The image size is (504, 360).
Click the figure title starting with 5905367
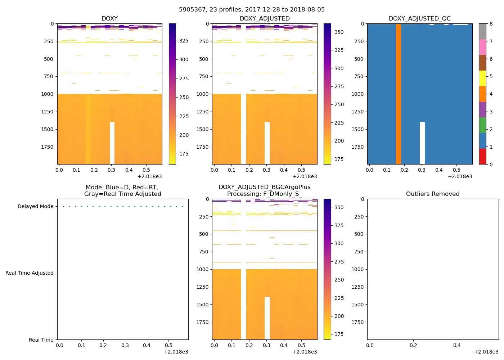click(252, 10)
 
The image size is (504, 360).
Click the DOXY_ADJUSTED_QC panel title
click(419, 19)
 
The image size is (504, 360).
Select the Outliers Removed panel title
click(433, 194)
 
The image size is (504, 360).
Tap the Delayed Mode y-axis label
click(35, 207)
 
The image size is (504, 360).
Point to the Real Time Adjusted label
click(30, 273)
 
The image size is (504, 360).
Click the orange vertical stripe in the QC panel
click(398, 94)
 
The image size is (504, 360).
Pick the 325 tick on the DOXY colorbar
click(184, 41)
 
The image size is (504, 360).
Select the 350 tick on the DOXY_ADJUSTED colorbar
click(339, 32)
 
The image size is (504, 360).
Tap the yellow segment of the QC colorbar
click(482, 78)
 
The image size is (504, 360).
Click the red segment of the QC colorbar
click(482, 157)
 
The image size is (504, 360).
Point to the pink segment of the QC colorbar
click(482, 47)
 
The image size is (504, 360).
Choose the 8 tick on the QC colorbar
click(491, 24)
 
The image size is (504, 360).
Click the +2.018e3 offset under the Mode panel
click(176, 352)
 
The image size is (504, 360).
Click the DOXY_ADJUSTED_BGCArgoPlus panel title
click(264, 190)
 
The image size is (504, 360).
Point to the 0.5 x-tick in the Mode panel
click(168, 345)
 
